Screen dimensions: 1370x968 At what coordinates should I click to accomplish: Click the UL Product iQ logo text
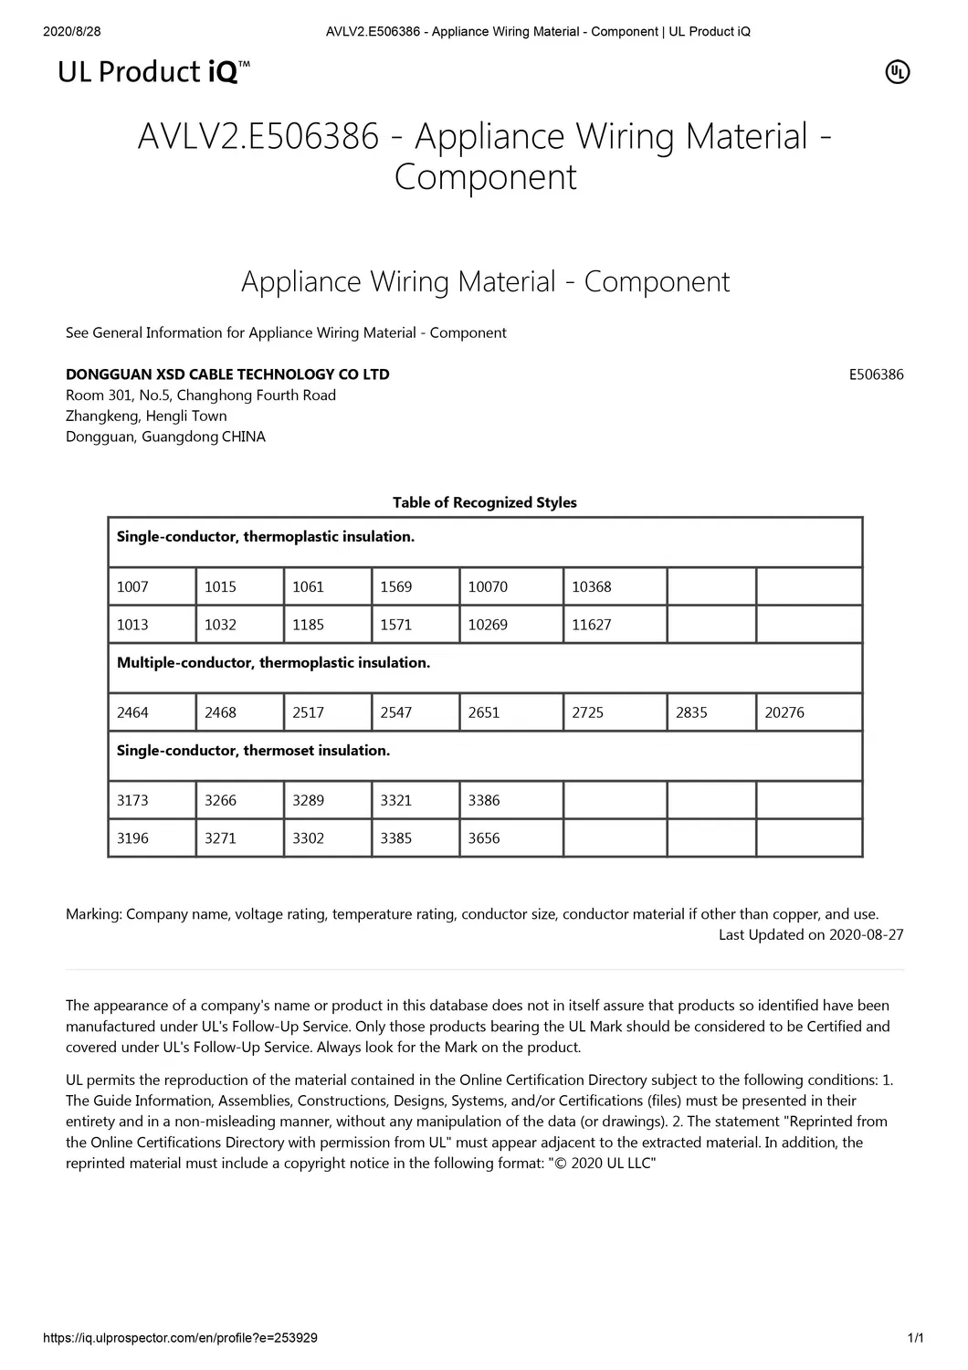click(x=153, y=72)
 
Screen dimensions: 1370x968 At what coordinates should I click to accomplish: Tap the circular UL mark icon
click(x=898, y=72)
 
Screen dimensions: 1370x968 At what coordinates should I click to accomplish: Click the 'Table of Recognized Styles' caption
click(x=484, y=502)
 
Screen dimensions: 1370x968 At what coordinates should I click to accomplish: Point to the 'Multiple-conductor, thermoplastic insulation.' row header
click(x=273, y=662)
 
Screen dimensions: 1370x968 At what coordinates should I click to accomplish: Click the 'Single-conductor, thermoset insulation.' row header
click(x=253, y=750)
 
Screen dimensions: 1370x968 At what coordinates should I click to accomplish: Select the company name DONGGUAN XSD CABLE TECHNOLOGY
click(x=227, y=374)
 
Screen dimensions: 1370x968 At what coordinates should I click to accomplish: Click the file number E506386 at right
click(x=876, y=374)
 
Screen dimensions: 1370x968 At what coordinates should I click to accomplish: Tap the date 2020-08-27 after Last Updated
click(x=867, y=934)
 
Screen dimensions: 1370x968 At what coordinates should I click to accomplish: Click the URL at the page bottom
click(x=181, y=1338)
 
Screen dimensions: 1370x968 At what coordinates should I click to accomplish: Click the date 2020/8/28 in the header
click(x=72, y=32)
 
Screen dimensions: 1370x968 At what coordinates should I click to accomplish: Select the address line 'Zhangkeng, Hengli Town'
click(x=146, y=416)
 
